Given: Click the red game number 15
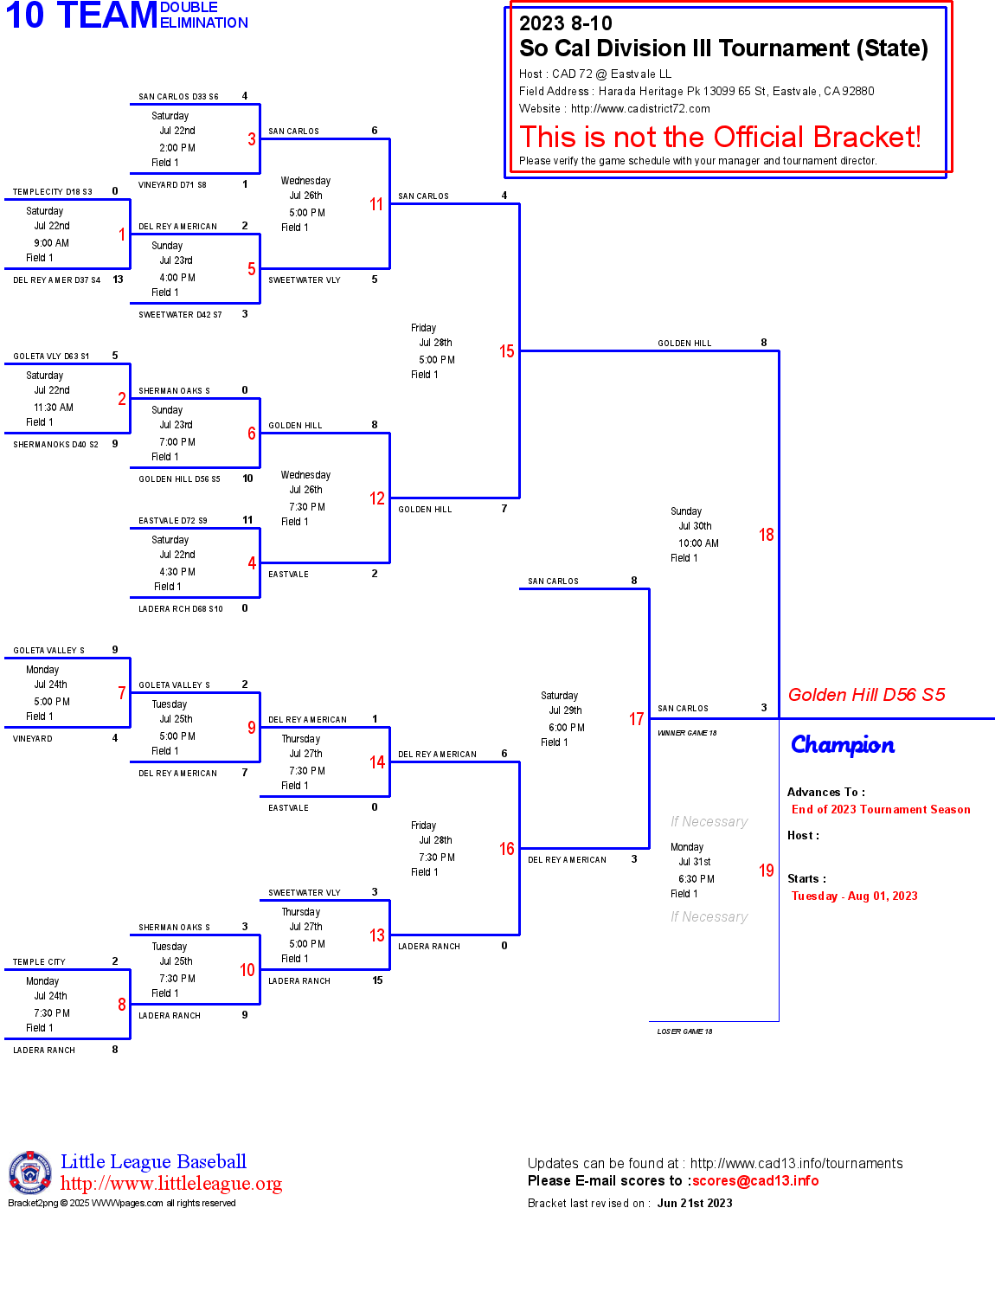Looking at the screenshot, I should click(x=506, y=351).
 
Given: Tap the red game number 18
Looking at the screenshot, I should click(x=766, y=535).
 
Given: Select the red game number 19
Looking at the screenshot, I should click(x=766, y=871).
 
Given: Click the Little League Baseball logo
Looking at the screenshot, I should click(x=30, y=1173).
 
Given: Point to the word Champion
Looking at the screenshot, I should click(x=842, y=745).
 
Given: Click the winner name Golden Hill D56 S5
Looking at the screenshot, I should click(x=866, y=695).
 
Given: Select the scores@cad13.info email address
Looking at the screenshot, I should click(x=754, y=1181).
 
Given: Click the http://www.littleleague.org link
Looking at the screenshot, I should click(x=171, y=1184).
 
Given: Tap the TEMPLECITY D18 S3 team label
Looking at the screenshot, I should click(x=53, y=192).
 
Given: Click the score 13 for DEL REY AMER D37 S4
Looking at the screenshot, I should click(x=118, y=280).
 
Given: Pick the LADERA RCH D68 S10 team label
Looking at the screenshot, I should click(x=181, y=609).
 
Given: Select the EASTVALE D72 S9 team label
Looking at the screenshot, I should click(x=173, y=521).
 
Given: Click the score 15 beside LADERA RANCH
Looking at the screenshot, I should click(x=377, y=980).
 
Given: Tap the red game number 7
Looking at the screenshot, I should click(x=122, y=693).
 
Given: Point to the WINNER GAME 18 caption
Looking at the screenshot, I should click(x=687, y=733).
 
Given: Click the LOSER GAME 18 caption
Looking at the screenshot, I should click(x=684, y=1031).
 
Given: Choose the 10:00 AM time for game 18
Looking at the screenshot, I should click(x=698, y=543).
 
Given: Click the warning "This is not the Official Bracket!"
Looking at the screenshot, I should click(x=720, y=137).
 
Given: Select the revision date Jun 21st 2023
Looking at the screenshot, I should click(x=694, y=1203).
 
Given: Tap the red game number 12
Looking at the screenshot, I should click(x=376, y=498).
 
